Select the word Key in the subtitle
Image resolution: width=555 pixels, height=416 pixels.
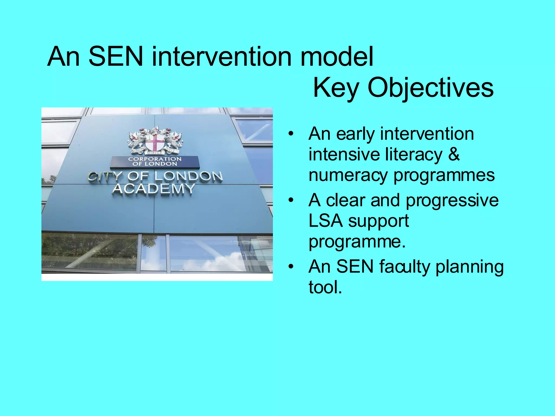click(336, 88)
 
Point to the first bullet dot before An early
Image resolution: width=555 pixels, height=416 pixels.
click(291, 134)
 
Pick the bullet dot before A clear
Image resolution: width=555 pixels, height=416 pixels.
click(291, 201)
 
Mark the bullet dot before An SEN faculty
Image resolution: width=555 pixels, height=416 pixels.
click(291, 267)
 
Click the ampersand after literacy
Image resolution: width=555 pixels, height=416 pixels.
click(454, 154)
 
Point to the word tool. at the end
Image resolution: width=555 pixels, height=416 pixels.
click(325, 287)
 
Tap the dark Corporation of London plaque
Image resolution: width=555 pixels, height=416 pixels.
click(155, 162)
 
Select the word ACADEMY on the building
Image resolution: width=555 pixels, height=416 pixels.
click(153, 188)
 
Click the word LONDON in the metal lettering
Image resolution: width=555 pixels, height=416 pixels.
click(189, 177)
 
